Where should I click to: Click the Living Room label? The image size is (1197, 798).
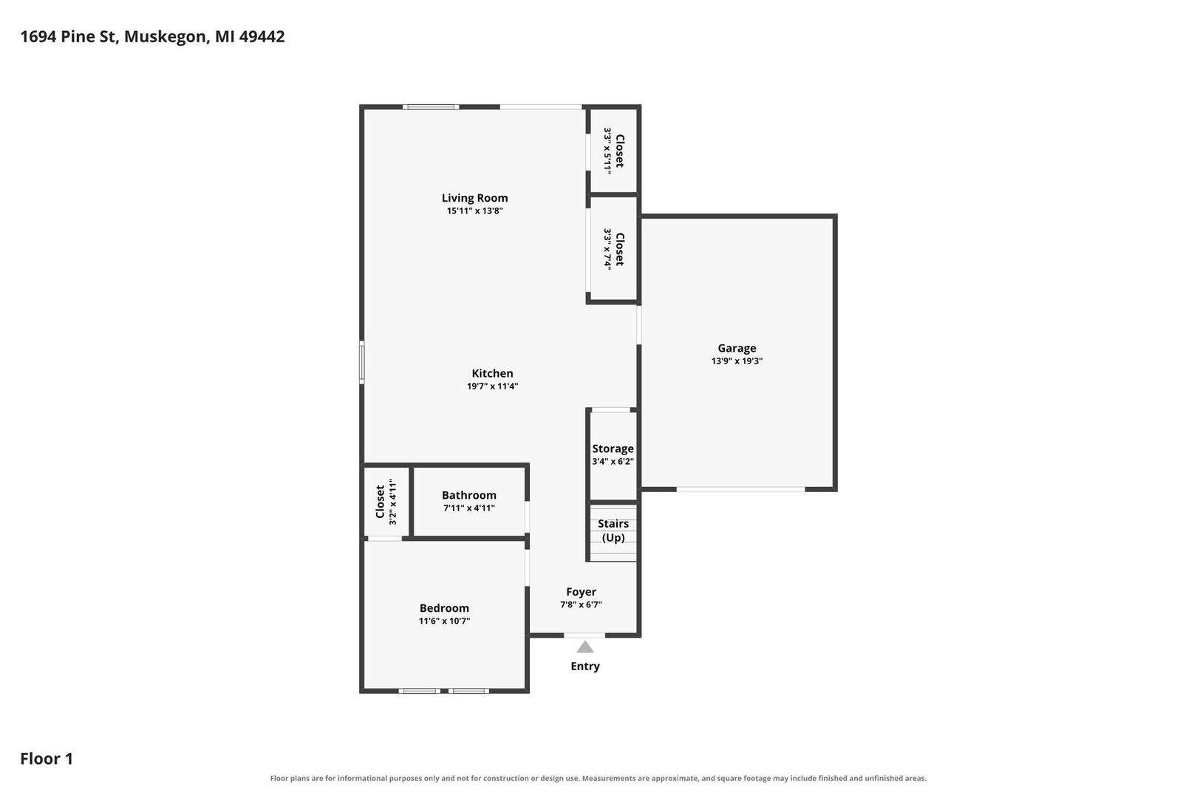tap(474, 198)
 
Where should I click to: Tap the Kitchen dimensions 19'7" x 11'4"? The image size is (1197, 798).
tap(492, 386)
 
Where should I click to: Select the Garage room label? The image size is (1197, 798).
tap(737, 348)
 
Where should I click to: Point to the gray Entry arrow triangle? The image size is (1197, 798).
tap(585, 647)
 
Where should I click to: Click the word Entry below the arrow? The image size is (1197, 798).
tap(585, 666)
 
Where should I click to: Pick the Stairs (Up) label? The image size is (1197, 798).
tap(613, 531)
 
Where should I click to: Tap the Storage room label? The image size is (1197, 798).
tap(613, 449)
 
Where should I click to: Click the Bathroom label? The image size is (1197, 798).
tap(469, 495)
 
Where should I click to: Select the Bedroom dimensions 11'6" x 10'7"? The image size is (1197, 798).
tap(444, 621)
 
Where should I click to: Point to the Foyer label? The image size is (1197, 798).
tap(581, 592)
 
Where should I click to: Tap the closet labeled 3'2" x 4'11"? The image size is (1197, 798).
tap(386, 502)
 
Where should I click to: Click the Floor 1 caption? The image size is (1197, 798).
tap(47, 758)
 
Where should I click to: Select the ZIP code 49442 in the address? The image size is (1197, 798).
tap(262, 36)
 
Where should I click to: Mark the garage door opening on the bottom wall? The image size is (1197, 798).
tap(740, 489)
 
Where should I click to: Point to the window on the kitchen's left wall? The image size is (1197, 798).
tap(362, 362)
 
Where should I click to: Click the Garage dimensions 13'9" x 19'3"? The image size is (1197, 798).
tap(737, 361)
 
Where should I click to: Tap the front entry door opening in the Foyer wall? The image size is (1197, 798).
tap(584, 635)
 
